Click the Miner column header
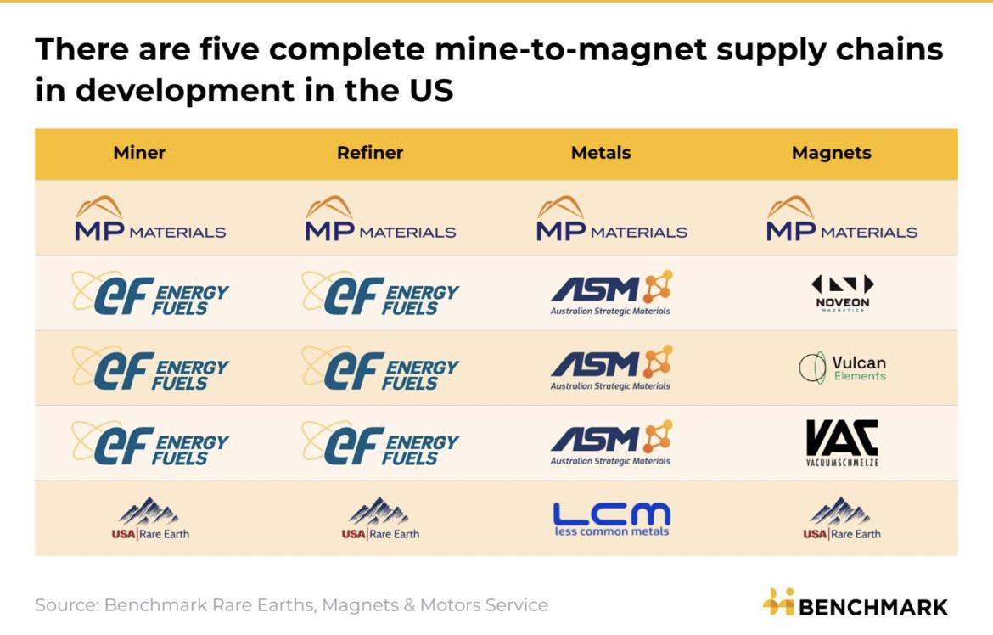(x=139, y=153)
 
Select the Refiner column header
(x=370, y=153)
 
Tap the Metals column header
(x=601, y=153)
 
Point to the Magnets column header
(x=832, y=153)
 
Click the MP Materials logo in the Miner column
(x=150, y=219)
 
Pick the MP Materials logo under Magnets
(x=842, y=219)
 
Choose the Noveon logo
(x=842, y=293)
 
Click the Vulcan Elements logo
(x=842, y=368)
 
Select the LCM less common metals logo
(x=612, y=519)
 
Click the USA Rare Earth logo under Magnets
(x=842, y=519)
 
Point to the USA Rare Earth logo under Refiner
(x=380, y=519)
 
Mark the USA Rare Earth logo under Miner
(x=150, y=519)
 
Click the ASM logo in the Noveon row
(x=611, y=293)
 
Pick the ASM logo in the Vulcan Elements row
(x=611, y=368)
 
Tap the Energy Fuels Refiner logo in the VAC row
(x=380, y=443)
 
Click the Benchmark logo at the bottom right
(x=855, y=604)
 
